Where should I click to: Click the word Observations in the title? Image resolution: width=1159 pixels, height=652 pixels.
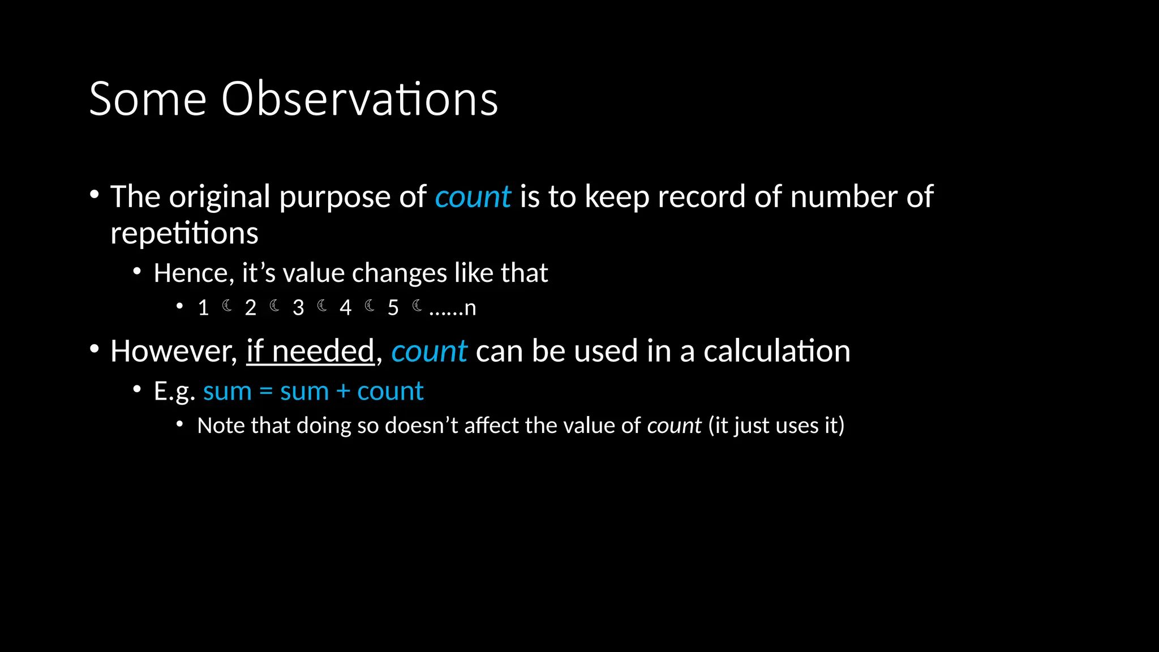359,99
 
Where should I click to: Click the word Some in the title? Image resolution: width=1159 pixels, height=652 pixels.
148,99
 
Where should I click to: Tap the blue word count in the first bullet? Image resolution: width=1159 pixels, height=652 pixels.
473,197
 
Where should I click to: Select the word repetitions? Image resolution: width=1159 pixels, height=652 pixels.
184,233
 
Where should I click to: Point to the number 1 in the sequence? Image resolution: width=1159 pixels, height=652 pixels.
203,308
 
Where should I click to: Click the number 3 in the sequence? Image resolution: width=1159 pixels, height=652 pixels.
298,308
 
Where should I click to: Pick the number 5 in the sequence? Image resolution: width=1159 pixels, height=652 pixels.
393,308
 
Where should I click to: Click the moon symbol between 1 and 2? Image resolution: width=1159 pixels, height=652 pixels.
227,306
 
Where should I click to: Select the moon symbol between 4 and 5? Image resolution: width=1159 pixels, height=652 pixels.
370,306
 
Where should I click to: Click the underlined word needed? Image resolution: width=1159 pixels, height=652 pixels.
323,351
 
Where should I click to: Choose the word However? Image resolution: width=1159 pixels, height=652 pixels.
173,351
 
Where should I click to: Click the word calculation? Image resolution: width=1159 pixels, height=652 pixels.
776,351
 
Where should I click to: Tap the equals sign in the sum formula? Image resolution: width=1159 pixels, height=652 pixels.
266,392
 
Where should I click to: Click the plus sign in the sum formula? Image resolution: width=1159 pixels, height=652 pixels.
343,392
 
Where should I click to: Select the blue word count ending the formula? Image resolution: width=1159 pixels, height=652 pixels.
390,392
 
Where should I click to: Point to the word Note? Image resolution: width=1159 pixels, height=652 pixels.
221,426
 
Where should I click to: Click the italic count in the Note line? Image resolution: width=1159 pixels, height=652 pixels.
674,426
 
